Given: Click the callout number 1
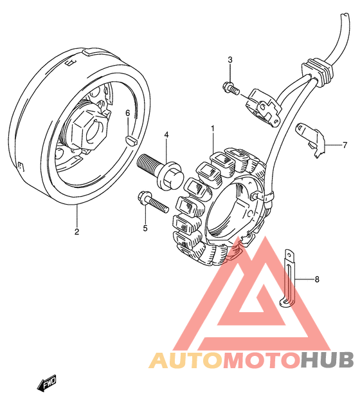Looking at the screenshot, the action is [212, 129].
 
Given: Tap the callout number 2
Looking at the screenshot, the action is [76, 232].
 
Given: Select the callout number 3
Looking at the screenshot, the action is [230, 60].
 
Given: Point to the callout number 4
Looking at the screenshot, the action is [166, 135].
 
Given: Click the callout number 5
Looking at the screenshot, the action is [145, 228].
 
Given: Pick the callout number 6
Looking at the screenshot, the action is [128, 113].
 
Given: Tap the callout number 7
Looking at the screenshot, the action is [345, 145].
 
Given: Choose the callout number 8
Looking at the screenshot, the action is [317, 279].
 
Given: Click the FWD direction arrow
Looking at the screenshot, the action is [46, 384].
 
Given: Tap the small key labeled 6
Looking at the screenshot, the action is [132, 141].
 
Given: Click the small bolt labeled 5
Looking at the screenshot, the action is [153, 203].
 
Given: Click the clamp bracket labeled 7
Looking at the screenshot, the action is [310, 140].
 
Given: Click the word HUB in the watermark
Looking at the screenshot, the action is [328, 360].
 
